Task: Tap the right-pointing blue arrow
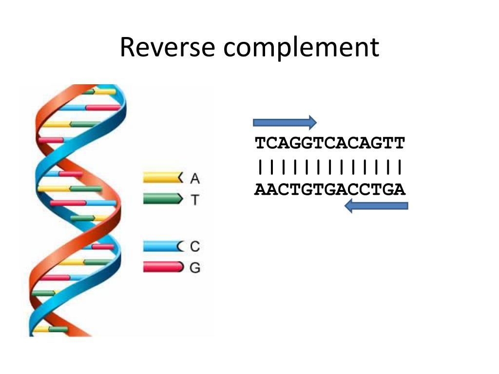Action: click(x=285, y=121)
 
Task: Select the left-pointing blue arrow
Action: click(x=376, y=206)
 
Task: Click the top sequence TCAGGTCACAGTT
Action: click(x=330, y=143)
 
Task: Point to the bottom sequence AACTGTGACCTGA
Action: click(x=330, y=189)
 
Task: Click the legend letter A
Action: click(x=195, y=179)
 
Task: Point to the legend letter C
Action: click(x=195, y=246)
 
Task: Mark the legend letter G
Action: click(x=195, y=267)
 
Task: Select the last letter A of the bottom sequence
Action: click(x=400, y=189)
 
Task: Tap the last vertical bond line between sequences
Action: click(x=400, y=167)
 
